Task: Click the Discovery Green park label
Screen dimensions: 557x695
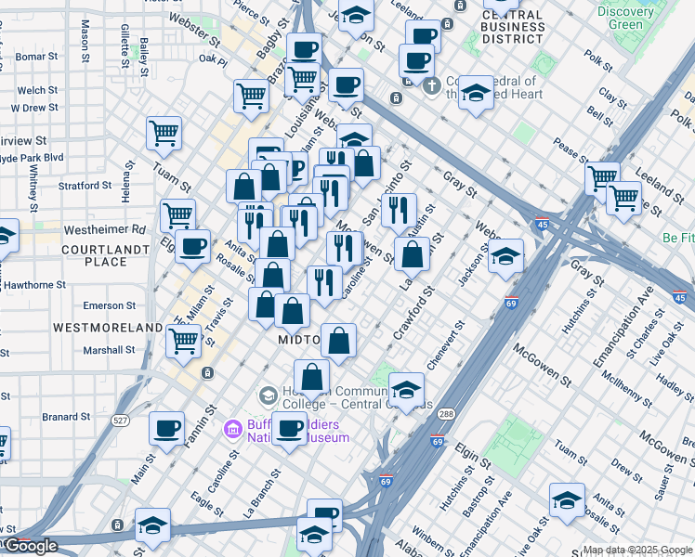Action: click(x=625, y=18)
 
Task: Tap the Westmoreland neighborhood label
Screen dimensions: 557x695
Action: click(x=96, y=328)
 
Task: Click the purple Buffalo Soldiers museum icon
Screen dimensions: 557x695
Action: click(x=231, y=429)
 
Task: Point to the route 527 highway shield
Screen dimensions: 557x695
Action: click(x=121, y=420)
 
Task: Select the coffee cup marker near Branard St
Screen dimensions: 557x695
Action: click(x=166, y=428)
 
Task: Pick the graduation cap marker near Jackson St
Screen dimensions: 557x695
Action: click(x=505, y=254)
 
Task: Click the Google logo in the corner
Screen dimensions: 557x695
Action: click(x=30, y=546)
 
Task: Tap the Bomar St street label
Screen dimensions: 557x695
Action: click(x=36, y=57)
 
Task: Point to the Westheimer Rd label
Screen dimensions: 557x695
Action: click(x=105, y=229)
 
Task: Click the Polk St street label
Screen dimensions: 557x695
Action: click(x=599, y=69)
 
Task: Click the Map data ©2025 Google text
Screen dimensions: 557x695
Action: click(x=637, y=549)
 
